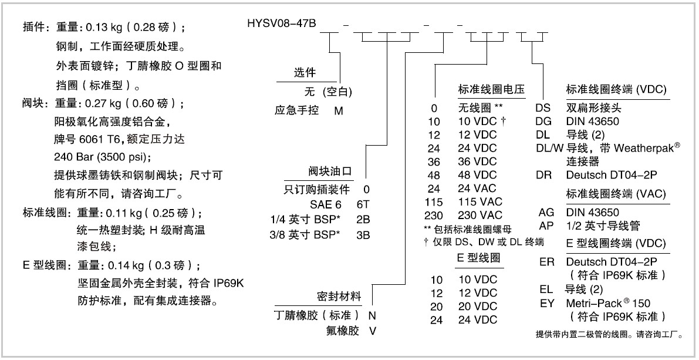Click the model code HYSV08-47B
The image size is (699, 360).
[x=282, y=23]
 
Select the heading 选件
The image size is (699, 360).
[x=305, y=73]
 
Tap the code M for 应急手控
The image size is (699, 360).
[x=339, y=110]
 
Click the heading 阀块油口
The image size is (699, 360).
[x=330, y=171]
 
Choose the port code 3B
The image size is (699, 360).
[x=363, y=235]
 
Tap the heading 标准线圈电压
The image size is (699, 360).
[x=491, y=90]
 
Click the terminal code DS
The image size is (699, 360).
[x=543, y=108]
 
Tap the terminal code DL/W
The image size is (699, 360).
[x=550, y=148]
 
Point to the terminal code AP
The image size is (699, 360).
[x=546, y=226]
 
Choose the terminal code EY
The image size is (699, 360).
[x=547, y=304]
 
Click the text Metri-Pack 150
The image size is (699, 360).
[x=608, y=304]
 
